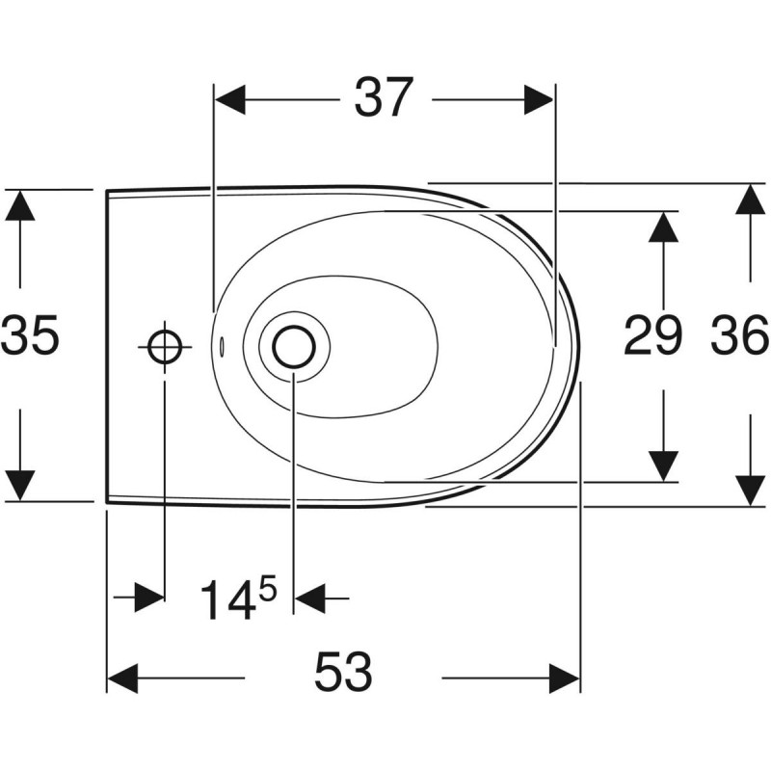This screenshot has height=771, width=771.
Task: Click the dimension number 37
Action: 384,98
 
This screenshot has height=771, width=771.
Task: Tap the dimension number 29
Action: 653,336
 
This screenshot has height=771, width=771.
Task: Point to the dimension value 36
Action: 740,336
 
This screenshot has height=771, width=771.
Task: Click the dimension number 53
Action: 343,672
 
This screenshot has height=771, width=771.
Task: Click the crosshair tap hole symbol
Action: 164,344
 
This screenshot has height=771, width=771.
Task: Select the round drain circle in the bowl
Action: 292,346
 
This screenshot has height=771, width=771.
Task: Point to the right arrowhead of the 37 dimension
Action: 538,98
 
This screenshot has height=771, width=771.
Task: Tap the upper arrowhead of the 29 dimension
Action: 661,227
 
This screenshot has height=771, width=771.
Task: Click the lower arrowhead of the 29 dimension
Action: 661,465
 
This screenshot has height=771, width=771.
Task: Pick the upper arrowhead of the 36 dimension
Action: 749,199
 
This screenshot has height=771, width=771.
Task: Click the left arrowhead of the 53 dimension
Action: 122,678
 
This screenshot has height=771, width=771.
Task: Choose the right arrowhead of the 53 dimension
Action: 564,678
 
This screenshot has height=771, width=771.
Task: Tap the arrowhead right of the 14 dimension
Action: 308,598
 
